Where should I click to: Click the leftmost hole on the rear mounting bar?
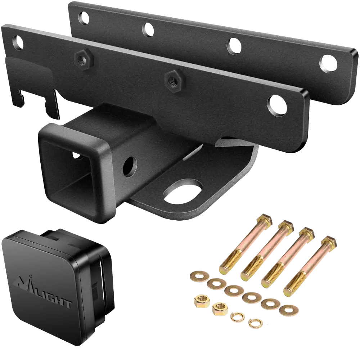[x=84, y=18]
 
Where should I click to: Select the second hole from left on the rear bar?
[x=148, y=30]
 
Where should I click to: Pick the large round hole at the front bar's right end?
[x=278, y=104]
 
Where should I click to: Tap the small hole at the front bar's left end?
[x=18, y=42]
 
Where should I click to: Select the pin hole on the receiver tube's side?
[x=130, y=166]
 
